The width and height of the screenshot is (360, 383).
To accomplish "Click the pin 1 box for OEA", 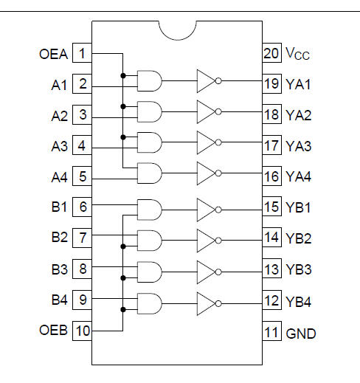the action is click(x=82, y=53).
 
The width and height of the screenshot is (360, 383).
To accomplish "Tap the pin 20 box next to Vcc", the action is click(x=271, y=53).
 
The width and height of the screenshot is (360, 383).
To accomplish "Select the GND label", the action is click(x=301, y=334).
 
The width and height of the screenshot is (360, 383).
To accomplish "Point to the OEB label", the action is click(x=53, y=330).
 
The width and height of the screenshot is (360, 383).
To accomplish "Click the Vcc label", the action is click(x=297, y=53).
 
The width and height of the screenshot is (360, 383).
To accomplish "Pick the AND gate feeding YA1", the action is click(x=150, y=81).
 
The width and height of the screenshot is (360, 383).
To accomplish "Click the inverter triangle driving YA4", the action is click(x=206, y=173).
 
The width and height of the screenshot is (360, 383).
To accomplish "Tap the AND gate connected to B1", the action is click(x=150, y=210).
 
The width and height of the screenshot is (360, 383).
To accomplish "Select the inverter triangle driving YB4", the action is click(x=206, y=303).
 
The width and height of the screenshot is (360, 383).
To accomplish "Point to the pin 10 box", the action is click(x=82, y=331).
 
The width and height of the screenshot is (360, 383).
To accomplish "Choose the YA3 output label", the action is click(x=299, y=146).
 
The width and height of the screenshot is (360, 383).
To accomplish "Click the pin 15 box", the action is click(x=271, y=207).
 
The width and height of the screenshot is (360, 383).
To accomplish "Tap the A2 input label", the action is click(x=59, y=116).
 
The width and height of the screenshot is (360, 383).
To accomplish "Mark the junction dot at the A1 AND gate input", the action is click(x=123, y=75).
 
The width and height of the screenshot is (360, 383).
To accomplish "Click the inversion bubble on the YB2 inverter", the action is click(x=218, y=241).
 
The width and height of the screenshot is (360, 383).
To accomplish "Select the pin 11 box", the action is click(x=271, y=331).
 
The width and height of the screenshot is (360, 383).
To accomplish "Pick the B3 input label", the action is click(x=59, y=269).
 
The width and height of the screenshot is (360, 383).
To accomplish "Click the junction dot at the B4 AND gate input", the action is click(x=123, y=309).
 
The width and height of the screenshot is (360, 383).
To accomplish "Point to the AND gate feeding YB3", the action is click(x=150, y=272).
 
